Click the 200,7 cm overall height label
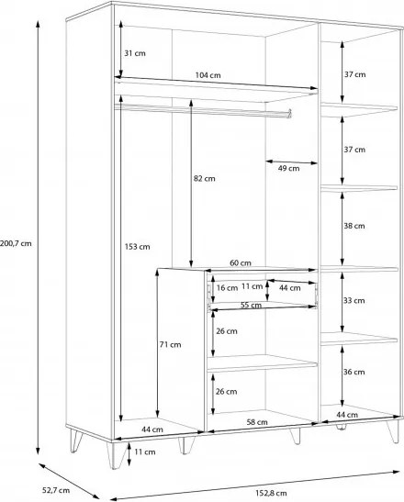(16, 243)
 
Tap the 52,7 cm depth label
(56, 490)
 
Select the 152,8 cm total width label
(271, 493)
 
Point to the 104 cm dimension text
(208, 75)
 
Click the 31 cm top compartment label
(135, 53)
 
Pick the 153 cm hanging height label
(137, 247)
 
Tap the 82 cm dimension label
(204, 179)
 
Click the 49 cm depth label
(288, 168)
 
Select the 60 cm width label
(241, 263)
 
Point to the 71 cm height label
(171, 345)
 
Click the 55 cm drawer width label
(251, 305)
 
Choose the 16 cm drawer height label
(227, 288)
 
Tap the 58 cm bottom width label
(257, 422)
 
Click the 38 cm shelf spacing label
(354, 226)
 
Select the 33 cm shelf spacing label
(354, 301)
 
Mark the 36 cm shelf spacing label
(354, 372)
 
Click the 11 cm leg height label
(145, 452)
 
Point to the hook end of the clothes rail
(289, 113)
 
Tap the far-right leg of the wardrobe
(394, 431)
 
